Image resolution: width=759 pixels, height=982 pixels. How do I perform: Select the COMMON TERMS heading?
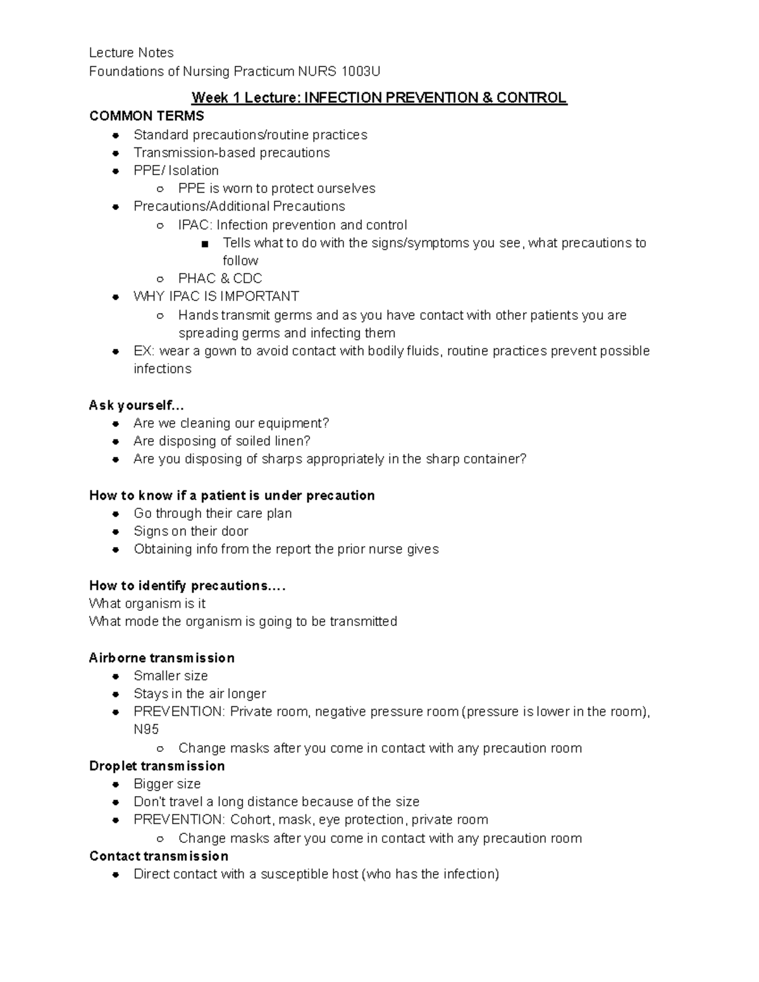(147, 116)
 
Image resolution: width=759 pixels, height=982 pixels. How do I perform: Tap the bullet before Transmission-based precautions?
(116, 153)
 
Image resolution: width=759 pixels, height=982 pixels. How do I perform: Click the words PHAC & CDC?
(219, 279)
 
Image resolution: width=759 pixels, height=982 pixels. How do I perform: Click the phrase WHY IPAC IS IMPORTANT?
(216, 297)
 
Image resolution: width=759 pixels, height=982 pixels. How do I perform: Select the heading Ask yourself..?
(136, 405)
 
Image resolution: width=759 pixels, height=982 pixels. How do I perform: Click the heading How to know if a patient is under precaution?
(231, 496)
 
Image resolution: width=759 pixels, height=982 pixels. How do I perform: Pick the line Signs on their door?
(190, 532)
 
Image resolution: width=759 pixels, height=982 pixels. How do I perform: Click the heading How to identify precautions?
(187, 586)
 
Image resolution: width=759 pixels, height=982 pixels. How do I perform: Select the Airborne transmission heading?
(161, 658)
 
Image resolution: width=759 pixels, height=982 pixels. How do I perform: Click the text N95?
(146, 730)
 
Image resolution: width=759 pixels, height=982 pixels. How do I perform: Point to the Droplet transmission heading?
(157, 766)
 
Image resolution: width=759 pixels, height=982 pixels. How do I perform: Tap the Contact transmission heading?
(159, 856)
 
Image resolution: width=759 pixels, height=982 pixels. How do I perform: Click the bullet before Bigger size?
(116, 785)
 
